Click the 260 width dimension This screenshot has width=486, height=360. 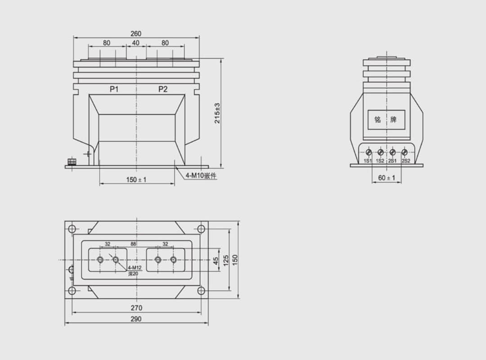tap(136, 33)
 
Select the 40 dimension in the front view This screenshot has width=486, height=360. tap(136, 43)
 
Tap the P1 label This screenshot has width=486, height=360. tap(114, 89)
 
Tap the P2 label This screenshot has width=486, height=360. tap(163, 89)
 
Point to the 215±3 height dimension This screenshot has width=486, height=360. tap(217, 113)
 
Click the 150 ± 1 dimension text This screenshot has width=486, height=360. tap(136, 180)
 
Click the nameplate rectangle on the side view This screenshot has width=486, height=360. tap(386, 120)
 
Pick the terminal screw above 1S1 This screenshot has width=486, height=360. tap(369, 152)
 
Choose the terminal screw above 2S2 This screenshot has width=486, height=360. tap(404, 152)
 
